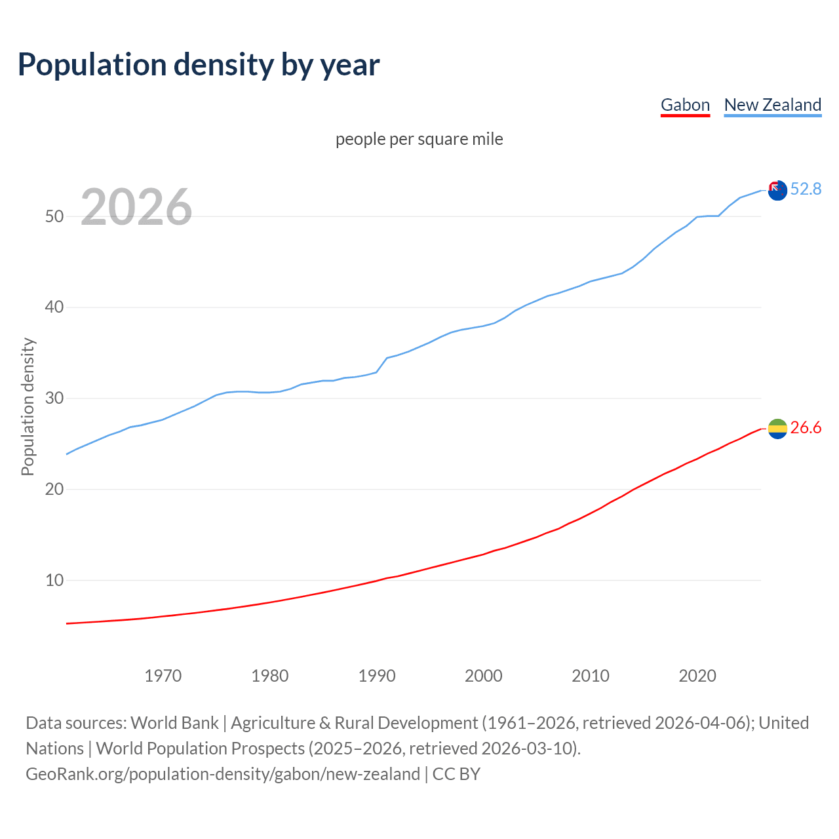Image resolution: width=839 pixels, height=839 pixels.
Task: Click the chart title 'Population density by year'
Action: click(199, 65)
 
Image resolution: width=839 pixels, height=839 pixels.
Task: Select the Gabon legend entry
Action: click(685, 105)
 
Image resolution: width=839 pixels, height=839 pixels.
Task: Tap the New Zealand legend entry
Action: click(772, 105)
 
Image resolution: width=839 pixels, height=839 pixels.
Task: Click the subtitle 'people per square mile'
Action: click(419, 139)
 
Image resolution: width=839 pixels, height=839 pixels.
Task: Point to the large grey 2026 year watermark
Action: click(136, 207)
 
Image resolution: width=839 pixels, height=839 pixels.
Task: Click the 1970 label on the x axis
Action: click(163, 676)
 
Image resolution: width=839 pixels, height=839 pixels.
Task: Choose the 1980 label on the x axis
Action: click(269, 676)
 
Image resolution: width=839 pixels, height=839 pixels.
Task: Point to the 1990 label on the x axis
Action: click(377, 676)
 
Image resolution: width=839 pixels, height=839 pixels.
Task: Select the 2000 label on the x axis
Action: click(484, 676)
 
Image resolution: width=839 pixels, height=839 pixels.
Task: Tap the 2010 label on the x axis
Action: click(591, 676)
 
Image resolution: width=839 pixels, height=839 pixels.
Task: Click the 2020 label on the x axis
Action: click(697, 676)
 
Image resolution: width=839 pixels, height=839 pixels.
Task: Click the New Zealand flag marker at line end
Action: click(777, 191)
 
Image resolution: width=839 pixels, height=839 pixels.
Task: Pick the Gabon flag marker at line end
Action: click(777, 429)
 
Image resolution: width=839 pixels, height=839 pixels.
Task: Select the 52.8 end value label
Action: click(806, 189)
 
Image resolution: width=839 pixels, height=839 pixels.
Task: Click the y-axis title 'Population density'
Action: click(28, 406)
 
